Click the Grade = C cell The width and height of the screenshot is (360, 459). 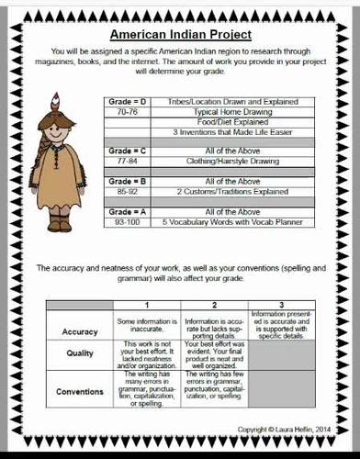[127, 149]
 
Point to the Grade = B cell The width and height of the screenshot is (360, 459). [127, 182]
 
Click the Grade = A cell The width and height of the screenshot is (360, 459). [127, 211]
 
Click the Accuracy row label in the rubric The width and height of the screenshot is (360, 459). [80, 331]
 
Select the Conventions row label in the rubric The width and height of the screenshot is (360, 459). [80, 391]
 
